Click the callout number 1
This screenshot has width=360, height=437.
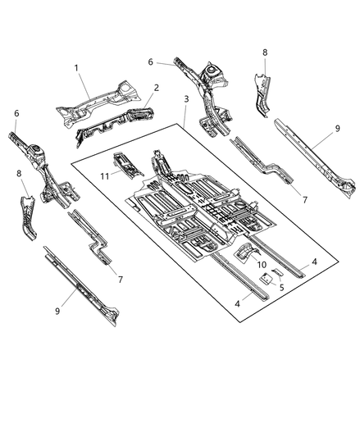pyautogui.click(x=76, y=69)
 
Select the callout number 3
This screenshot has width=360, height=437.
pyautogui.click(x=188, y=98)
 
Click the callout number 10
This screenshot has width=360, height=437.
pyautogui.click(x=262, y=264)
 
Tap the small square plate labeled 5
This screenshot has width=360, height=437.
pyautogui.click(x=267, y=279)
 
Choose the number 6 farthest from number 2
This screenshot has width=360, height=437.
pyautogui.click(x=16, y=114)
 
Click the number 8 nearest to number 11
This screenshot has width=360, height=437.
pyautogui.click(x=18, y=174)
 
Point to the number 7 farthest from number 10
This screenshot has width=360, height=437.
pyautogui.click(x=121, y=280)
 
